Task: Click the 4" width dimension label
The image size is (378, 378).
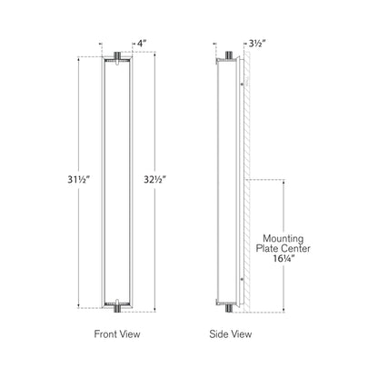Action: pos(142,44)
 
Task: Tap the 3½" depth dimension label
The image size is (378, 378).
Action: pos(257,44)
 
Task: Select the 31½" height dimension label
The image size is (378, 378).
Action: pos(79,180)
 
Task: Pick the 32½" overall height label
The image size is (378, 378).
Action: pos(155,180)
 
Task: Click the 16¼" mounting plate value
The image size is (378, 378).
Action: pos(283,258)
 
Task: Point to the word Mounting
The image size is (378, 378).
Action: pos(283,239)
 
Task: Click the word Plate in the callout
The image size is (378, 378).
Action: pos(267,249)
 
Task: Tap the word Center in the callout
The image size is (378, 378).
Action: pos(295,249)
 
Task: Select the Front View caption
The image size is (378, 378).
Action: pos(117,334)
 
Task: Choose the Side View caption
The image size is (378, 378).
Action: pos(231,334)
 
